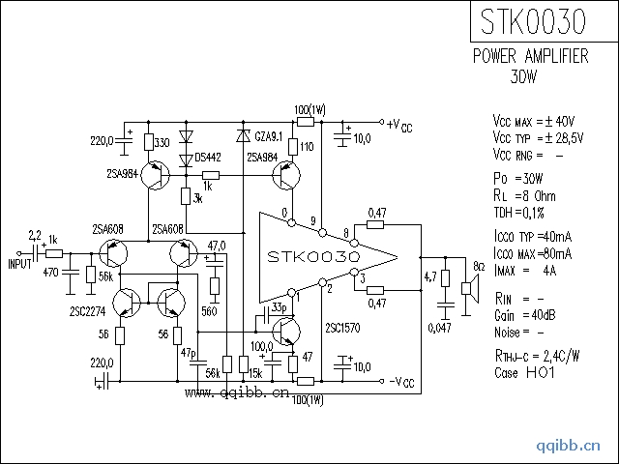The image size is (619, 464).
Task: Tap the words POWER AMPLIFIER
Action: (531, 57)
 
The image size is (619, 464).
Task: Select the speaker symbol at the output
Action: (468, 287)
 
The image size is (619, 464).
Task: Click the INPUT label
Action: (20, 263)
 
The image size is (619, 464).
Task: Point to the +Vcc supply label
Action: (399, 126)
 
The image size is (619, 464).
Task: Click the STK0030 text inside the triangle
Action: (315, 259)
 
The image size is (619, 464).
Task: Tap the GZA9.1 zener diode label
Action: (267, 135)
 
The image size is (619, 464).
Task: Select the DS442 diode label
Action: (207, 156)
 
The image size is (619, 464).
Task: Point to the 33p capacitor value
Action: (280, 306)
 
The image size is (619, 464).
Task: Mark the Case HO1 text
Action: (525, 372)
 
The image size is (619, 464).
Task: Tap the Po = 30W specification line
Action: (517, 179)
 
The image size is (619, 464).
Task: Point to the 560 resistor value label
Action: (209, 311)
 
